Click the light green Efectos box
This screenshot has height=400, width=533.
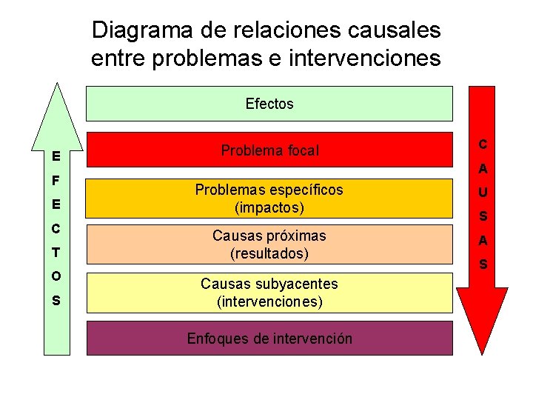point(269,104)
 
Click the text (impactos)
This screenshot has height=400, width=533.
point(269,207)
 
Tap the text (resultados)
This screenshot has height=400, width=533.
point(269,253)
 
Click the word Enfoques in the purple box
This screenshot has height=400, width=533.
point(215,339)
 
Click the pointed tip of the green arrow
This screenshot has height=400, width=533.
point(57,85)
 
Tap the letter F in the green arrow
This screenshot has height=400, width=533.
point(56,180)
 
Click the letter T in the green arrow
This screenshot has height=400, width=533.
point(56,253)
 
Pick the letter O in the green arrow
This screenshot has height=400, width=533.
point(56,276)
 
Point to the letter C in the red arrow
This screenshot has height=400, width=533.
point(483,144)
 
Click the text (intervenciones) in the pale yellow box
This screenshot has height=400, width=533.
point(269,301)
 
